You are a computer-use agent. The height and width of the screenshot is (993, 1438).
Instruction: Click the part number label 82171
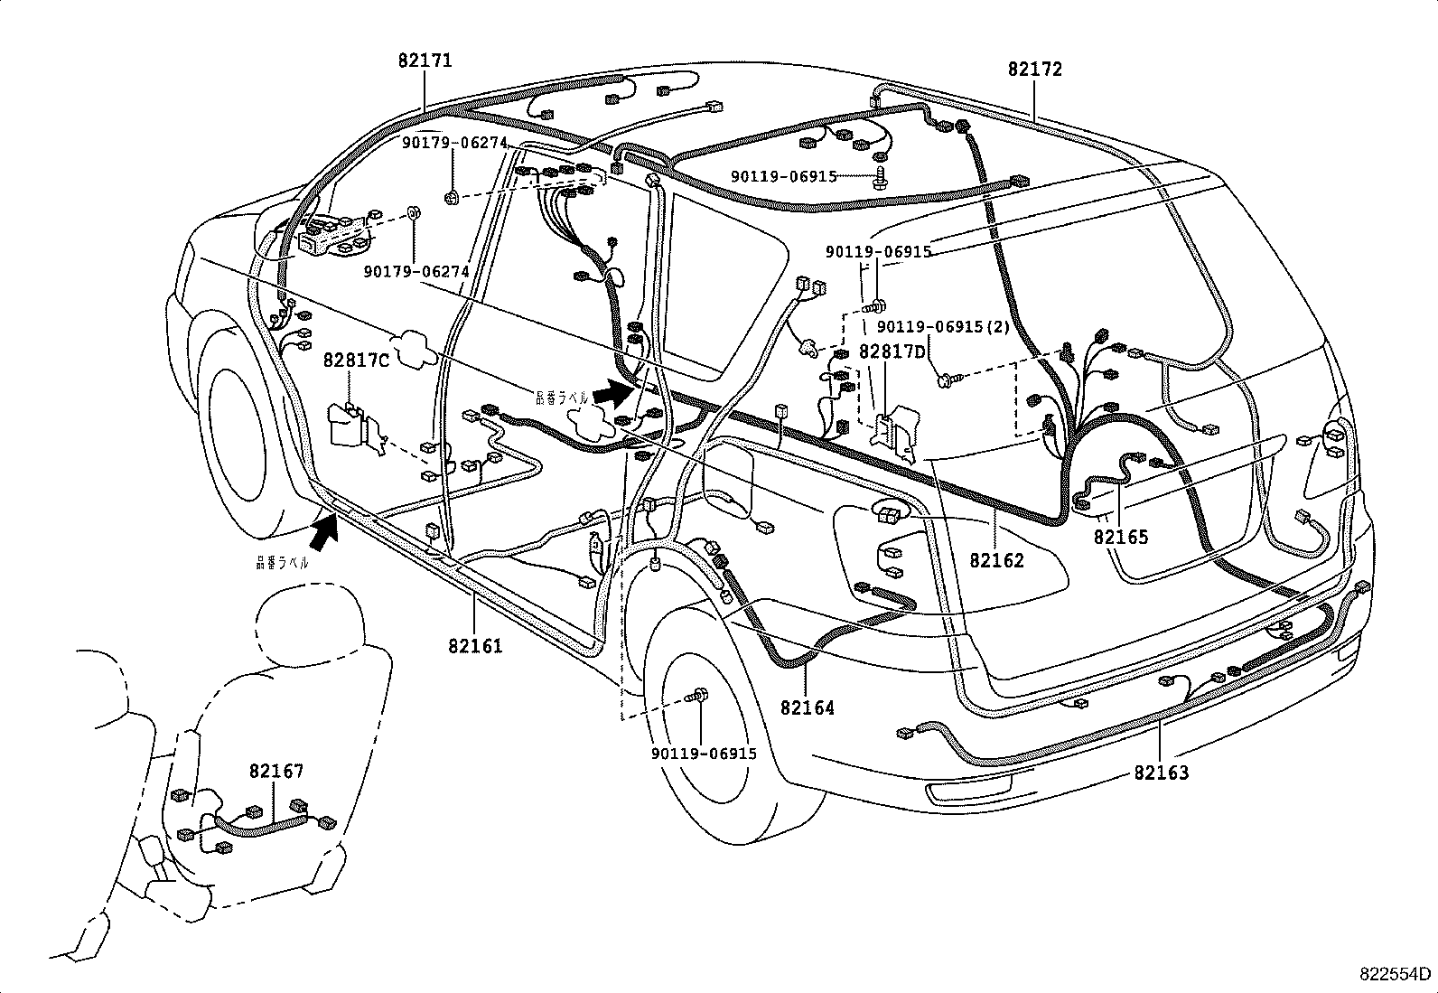[x=425, y=61]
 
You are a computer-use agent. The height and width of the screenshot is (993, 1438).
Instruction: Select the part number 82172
[x=1035, y=70]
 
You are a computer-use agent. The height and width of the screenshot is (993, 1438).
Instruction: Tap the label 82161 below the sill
[x=474, y=646]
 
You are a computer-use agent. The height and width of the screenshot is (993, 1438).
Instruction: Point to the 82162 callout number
[x=997, y=560]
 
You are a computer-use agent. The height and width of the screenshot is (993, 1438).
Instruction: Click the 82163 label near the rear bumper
[x=1162, y=773]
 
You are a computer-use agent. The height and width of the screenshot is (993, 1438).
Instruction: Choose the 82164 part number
[x=808, y=707]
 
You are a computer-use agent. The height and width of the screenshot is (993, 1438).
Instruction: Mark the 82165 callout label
[x=1121, y=537]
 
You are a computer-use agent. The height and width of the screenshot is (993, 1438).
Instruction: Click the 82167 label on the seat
[x=276, y=771]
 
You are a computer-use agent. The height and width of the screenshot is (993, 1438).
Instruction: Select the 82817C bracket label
[x=356, y=361]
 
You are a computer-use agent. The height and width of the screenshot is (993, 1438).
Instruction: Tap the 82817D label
[x=892, y=351]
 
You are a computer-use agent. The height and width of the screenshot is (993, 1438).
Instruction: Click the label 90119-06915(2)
[x=943, y=328]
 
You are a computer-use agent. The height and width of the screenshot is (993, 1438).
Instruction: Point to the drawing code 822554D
[x=1396, y=974]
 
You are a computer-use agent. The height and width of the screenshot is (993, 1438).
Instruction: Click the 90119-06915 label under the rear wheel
[x=703, y=754]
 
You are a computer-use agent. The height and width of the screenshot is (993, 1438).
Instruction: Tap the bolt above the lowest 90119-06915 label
[x=699, y=697]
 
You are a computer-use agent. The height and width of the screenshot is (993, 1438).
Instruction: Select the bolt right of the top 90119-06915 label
[x=881, y=177]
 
